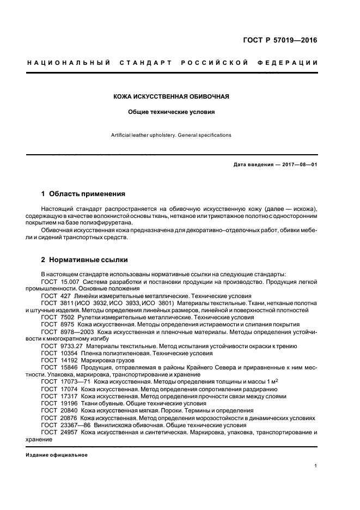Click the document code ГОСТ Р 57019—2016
click(x=279, y=41)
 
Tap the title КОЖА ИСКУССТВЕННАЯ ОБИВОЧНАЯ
click(x=170, y=96)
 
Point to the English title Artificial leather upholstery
click(x=170, y=135)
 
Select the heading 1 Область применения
click(x=83, y=193)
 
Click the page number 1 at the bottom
click(x=316, y=466)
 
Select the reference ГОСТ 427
click(x=56, y=295)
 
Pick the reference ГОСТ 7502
click(x=58, y=317)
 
